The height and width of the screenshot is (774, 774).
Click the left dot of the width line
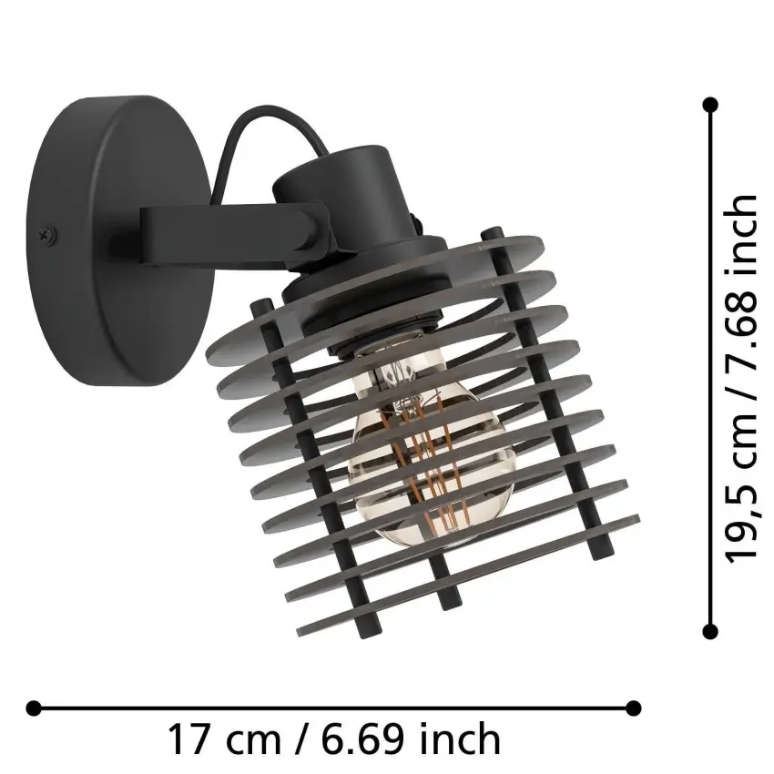click(x=34, y=707)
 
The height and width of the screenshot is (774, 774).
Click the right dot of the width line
click(x=635, y=707)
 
